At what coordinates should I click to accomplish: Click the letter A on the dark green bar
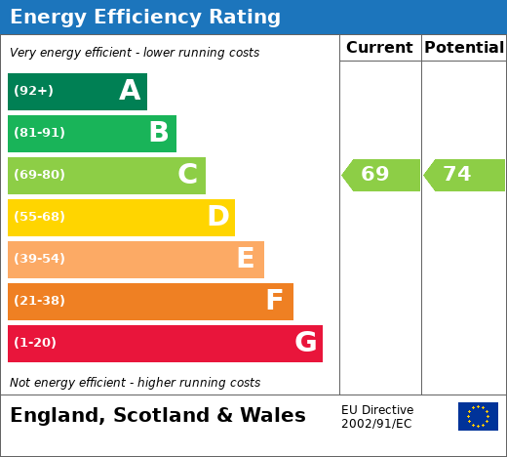130,90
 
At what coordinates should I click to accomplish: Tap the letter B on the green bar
159,132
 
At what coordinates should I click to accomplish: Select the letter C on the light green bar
188,174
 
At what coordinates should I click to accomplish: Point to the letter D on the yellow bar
218,216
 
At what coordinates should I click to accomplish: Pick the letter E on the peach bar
246,258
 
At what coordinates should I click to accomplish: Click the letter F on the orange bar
274,300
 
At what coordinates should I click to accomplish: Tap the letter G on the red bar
306,342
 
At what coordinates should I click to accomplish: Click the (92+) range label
33,91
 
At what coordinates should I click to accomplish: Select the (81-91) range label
39,133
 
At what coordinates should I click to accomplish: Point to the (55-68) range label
39,217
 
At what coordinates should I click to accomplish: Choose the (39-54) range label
39,259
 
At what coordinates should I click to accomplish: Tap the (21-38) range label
39,301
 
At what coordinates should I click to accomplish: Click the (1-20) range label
35,343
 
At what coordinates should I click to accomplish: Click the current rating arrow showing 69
380,175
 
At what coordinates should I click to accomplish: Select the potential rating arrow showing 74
464,175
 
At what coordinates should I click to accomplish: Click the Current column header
379,48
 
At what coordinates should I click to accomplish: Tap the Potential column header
464,48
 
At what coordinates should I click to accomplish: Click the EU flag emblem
478,416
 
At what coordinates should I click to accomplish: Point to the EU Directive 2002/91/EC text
377,417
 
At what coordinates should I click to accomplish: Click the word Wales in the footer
273,415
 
